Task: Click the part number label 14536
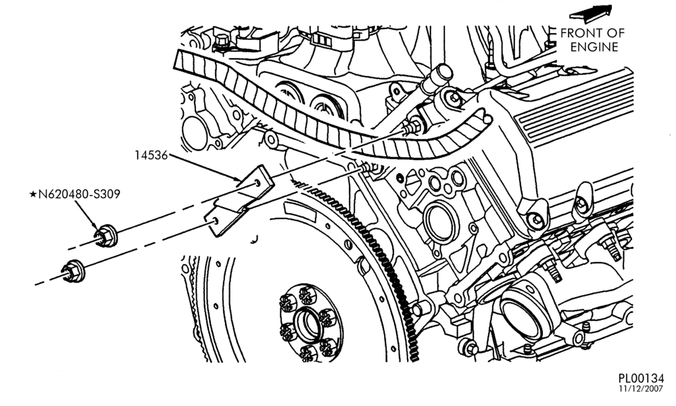pos(151,156)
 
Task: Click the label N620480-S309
pos(79,195)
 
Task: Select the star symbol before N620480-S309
pos(32,195)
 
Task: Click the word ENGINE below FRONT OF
pos(594,47)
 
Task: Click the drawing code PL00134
pos(641,378)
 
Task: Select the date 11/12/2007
pos(642,389)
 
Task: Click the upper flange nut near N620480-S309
pos(106,235)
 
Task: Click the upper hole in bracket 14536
pos(258,183)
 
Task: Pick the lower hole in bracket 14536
pos(216,221)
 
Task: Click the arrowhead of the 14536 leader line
pos(239,179)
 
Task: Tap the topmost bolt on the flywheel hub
pos(306,294)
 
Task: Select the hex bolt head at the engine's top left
pos(222,41)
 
